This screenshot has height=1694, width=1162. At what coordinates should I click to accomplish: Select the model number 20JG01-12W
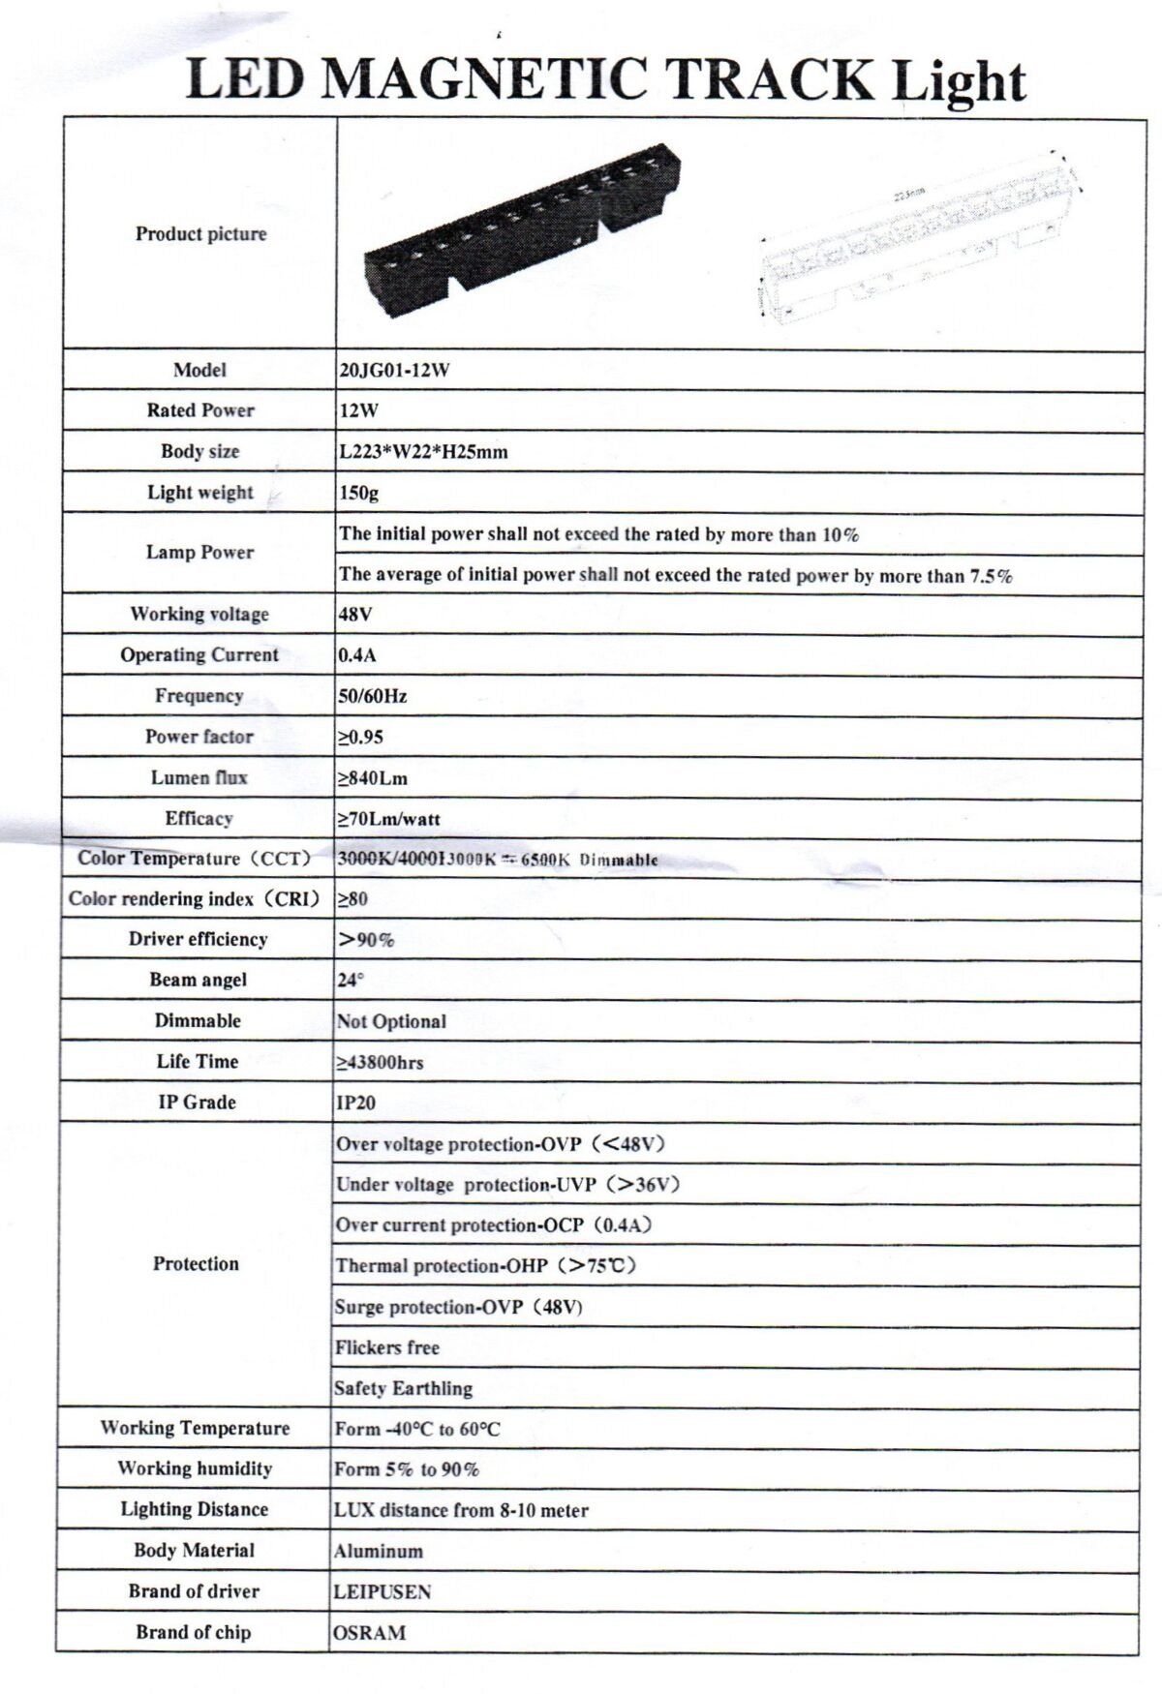click(394, 370)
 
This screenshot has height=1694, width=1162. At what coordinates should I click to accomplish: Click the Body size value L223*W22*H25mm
click(423, 451)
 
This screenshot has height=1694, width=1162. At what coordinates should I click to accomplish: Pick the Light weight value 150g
click(358, 493)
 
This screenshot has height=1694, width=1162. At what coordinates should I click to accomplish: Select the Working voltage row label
click(199, 614)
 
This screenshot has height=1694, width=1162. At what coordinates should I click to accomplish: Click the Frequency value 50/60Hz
click(373, 696)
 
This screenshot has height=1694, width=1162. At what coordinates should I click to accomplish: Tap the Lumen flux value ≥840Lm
click(373, 778)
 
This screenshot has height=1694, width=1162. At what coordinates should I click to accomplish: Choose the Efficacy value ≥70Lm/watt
click(388, 819)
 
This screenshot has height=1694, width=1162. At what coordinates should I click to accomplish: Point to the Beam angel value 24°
click(350, 980)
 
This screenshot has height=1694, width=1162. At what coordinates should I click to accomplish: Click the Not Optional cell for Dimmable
click(391, 1021)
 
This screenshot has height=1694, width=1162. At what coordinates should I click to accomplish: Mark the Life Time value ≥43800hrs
click(380, 1062)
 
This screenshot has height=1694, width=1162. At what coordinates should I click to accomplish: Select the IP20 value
click(355, 1103)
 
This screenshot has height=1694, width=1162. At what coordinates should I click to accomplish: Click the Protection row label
click(196, 1263)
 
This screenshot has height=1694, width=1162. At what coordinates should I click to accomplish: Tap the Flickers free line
click(387, 1347)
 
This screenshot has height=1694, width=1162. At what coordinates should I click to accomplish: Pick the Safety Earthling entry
click(404, 1388)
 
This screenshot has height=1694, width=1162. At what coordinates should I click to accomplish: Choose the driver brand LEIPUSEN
click(382, 1591)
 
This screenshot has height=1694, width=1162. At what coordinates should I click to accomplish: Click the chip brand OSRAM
click(370, 1632)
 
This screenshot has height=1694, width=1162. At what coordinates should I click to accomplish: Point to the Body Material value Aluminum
click(379, 1551)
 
